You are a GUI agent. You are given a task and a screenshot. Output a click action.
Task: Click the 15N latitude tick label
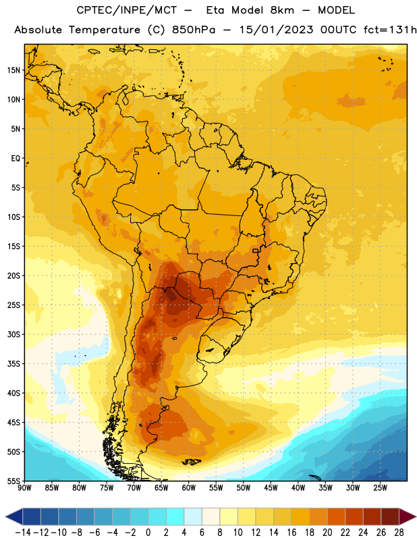[x=13, y=70]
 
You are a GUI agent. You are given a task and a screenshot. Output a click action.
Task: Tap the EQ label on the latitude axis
[x=16, y=159]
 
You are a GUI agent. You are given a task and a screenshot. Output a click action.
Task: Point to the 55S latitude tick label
[x=13, y=481]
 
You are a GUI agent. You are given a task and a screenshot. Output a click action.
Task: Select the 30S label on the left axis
[x=13, y=334]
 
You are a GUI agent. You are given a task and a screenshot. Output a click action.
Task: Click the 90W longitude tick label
[x=24, y=488]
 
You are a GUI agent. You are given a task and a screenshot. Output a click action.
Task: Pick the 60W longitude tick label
[x=189, y=488]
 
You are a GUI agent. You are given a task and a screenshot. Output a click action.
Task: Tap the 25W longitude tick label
[x=380, y=488]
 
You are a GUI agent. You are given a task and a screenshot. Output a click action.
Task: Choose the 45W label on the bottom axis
[x=271, y=488]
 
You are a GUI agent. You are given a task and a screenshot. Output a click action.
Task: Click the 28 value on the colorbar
[x=399, y=533]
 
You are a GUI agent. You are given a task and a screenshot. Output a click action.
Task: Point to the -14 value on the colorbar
[x=23, y=533]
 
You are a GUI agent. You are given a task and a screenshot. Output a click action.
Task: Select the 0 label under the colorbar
[x=148, y=533]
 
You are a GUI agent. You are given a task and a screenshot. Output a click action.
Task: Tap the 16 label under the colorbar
[x=291, y=533]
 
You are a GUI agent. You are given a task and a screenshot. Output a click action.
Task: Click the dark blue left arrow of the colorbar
[x=14, y=516]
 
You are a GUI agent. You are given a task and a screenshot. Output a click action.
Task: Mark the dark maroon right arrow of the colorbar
[x=408, y=516]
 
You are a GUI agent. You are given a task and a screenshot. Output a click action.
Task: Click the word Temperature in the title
[x=105, y=30]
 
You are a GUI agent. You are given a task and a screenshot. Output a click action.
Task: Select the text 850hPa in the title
[x=194, y=30]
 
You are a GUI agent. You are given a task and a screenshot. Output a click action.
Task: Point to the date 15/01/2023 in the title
[x=276, y=30]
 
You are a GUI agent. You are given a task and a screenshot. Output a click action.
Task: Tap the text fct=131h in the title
[x=390, y=30]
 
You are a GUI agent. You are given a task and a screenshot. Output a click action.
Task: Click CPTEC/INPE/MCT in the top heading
[x=127, y=10]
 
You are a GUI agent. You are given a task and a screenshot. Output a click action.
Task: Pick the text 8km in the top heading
[x=282, y=10]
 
